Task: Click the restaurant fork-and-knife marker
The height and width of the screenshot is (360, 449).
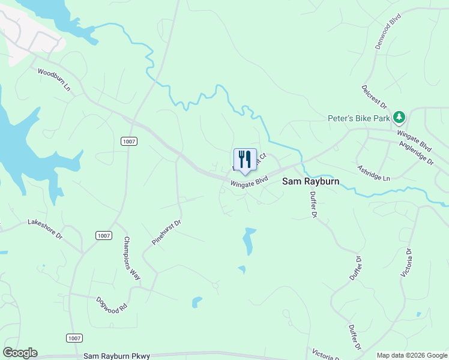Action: pyautogui.click(x=245, y=160)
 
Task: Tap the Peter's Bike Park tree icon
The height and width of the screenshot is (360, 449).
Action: pyautogui.click(x=400, y=118)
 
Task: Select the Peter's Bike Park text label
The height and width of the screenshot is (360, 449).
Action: pyautogui.click(x=359, y=118)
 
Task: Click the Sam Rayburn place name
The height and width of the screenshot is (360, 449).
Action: pyautogui.click(x=311, y=181)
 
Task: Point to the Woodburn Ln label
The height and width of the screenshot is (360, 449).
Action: pyautogui.click(x=54, y=79)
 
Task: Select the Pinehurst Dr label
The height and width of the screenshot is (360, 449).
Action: pyautogui.click(x=166, y=233)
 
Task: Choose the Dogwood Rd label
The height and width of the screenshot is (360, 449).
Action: pyautogui.click(x=112, y=302)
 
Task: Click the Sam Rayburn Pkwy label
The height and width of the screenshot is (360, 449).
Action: pyautogui.click(x=117, y=356)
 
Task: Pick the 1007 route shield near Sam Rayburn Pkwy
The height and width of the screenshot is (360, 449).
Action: pyautogui.click(x=74, y=338)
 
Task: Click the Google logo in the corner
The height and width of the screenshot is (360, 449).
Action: pyautogui.click(x=20, y=353)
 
